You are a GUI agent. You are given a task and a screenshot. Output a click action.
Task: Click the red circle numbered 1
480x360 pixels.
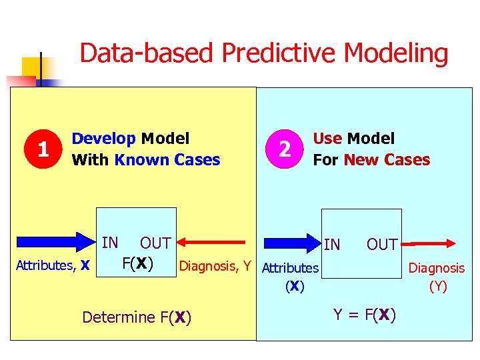pos(43,149)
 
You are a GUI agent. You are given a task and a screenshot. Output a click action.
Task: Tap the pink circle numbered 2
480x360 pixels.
pos(285,149)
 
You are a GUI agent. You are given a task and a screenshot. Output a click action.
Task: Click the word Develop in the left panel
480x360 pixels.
pos(103,139)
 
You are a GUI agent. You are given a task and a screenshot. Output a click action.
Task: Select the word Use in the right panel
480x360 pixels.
pos(327,139)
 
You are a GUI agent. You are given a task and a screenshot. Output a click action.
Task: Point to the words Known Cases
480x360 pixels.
pos(167,160)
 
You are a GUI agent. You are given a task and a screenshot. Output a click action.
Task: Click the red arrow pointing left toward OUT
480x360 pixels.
pos(213,243)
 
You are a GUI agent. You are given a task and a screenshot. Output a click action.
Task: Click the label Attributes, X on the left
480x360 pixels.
pos(53,266)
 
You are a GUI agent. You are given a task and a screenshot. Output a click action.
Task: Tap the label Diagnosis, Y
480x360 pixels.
pos(215,267)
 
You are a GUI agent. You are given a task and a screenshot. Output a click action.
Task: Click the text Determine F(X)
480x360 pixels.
pos(137,317)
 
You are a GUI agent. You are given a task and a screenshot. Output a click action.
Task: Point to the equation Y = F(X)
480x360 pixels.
pos(365,314)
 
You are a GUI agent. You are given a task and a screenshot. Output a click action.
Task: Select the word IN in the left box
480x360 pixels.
pos(110,243)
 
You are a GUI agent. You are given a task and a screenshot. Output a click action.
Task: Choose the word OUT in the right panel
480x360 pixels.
pos(382,245)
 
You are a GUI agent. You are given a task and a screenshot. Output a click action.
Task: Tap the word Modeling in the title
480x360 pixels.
pos(402,53)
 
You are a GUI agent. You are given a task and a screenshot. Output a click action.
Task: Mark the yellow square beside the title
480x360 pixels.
pos(31,67)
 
